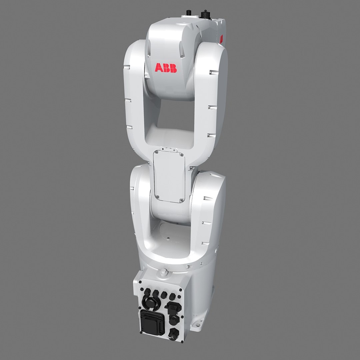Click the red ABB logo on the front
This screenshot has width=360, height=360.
pyautogui.click(x=166, y=68)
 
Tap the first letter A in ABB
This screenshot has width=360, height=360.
pyautogui.click(x=159, y=68)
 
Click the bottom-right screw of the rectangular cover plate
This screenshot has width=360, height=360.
pyautogui.click(x=181, y=200)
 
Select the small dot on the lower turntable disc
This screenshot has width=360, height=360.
pyautogui.click(x=168, y=238)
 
